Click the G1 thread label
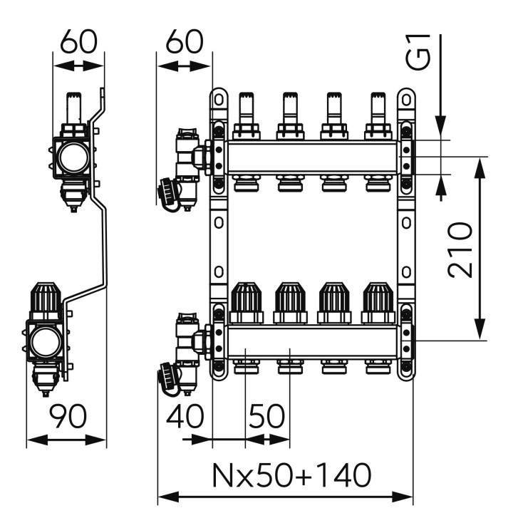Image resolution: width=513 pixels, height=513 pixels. coord(418,52)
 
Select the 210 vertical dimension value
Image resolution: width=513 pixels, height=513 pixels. coord(460,249)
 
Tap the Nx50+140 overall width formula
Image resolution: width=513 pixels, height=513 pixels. coord(292,475)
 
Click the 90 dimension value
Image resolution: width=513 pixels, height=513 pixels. coord(68,416)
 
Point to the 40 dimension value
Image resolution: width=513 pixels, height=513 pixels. coord(185,416)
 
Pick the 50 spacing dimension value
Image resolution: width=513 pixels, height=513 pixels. coord(267,416)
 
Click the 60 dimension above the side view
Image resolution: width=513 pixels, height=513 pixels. coord(79,41)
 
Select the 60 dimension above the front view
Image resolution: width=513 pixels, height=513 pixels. coord(185,41)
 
